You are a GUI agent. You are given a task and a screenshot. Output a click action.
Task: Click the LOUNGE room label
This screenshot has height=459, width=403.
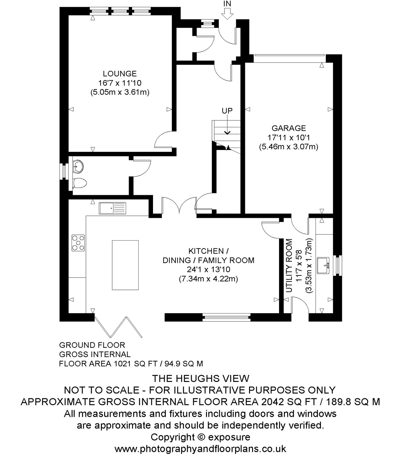point(120,74)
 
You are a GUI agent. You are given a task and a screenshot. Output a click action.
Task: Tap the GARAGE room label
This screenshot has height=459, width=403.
point(289,128)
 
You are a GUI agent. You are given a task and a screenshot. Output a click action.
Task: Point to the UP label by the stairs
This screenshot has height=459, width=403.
point(227,111)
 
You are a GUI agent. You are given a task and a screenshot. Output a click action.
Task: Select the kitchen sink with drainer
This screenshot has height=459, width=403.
point(112,208)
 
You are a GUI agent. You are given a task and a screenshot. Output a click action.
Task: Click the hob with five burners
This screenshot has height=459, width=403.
point(78,243)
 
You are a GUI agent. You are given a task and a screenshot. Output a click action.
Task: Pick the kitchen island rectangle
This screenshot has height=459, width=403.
point(125,265)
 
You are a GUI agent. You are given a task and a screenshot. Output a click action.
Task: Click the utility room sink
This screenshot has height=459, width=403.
point(323,266)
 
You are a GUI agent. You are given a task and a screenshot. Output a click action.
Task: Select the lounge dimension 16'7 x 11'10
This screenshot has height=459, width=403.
point(120,83)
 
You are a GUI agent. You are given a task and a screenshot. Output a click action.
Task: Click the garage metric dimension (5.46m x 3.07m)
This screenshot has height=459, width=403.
point(289,147)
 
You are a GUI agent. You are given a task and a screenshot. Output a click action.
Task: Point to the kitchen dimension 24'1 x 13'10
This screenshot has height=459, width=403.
point(208,269)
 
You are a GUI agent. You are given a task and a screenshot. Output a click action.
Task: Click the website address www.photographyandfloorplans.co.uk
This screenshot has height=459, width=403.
point(200,449)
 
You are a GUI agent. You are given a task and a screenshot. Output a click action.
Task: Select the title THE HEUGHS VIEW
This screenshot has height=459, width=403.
point(201,379)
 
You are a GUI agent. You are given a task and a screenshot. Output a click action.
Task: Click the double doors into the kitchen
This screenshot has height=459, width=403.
point(179,205)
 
